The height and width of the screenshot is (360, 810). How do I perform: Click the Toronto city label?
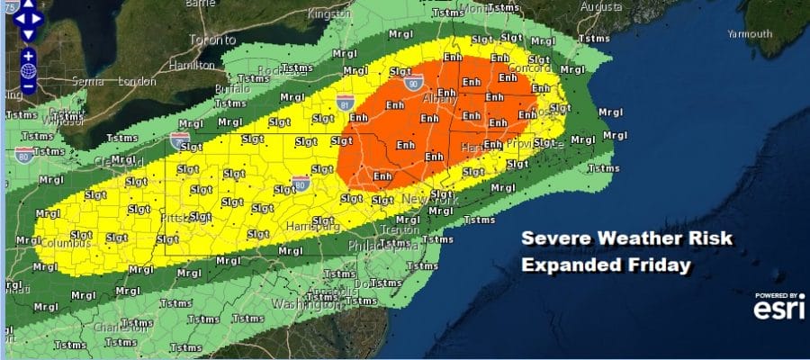[211, 40]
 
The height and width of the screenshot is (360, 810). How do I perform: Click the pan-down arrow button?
[26, 34]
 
